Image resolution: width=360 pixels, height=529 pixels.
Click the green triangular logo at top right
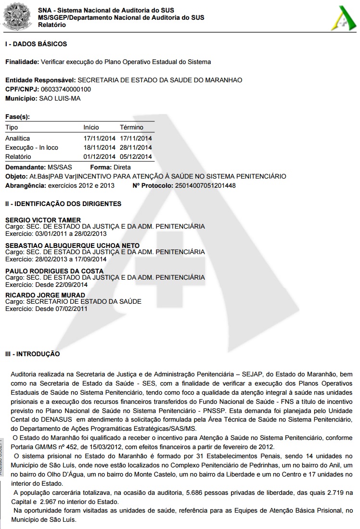click(x=341, y=19)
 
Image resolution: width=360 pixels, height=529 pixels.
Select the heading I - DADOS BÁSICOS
click(x=36, y=44)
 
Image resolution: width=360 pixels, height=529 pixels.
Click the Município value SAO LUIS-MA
click(x=60, y=99)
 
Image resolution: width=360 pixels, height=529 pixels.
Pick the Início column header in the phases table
click(x=91, y=128)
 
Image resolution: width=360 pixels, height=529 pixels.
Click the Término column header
click(x=131, y=128)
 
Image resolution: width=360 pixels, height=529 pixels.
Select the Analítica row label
click(x=17, y=139)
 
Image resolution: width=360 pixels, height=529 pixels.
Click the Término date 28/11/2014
click(x=136, y=148)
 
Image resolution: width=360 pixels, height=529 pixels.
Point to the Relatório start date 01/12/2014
click(x=100, y=157)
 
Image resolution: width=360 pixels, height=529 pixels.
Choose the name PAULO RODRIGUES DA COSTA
click(x=54, y=271)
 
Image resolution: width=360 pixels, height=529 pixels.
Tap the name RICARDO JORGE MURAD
click(x=45, y=295)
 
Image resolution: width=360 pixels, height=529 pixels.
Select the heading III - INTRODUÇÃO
click(x=32, y=354)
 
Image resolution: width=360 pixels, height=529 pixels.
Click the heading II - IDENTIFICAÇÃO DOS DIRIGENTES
click(x=63, y=204)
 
